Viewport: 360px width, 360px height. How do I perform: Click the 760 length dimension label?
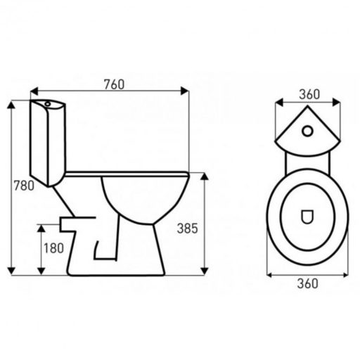[x=114, y=84]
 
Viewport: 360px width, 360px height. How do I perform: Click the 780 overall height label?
[x=24, y=186]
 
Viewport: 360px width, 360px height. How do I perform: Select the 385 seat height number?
[x=188, y=229]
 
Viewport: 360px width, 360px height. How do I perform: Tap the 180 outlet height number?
[x=53, y=248]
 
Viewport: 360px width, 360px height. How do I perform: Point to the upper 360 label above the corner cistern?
[x=309, y=94]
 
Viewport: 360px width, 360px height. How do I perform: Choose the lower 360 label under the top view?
[x=308, y=283]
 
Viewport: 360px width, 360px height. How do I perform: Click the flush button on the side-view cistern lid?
[x=48, y=103]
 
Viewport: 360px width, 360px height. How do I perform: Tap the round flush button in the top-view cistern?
[x=307, y=131]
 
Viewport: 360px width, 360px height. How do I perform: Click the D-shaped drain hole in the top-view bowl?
[x=307, y=217]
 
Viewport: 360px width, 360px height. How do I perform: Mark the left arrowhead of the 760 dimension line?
[x=34, y=91]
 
